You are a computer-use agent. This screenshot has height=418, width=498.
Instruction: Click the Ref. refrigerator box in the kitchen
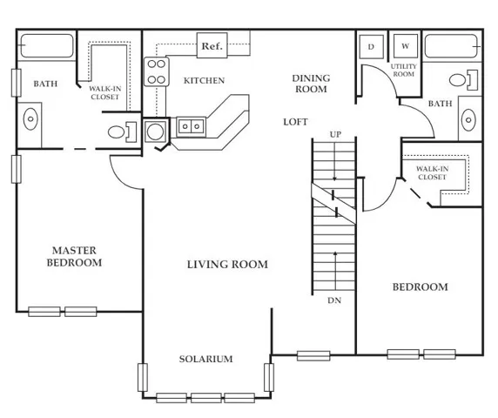[212, 45]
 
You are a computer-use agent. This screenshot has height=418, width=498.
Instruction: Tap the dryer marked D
[371, 47]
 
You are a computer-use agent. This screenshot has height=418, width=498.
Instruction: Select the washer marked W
[405, 46]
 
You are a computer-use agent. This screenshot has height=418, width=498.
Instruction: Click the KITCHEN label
[204, 81]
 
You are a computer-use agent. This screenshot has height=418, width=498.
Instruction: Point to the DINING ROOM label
[311, 84]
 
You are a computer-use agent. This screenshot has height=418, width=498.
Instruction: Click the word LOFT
[295, 122]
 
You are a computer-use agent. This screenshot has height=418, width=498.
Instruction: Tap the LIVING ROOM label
[227, 264]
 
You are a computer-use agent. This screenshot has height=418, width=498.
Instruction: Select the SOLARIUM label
[205, 359]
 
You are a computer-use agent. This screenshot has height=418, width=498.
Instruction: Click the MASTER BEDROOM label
[74, 256]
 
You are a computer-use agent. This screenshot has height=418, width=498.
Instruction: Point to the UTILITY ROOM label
[404, 71]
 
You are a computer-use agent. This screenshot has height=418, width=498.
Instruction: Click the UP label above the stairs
[335, 135]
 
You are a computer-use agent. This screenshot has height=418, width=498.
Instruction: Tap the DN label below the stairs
[334, 300]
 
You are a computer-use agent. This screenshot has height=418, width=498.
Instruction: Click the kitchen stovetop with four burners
[156, 71]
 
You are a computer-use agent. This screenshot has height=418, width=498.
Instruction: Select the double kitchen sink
[191, 127]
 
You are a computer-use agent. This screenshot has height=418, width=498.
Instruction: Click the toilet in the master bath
[122, 132]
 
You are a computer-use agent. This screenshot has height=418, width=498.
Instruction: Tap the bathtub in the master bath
[47, 46]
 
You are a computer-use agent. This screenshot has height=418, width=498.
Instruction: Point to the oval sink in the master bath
[30, 119]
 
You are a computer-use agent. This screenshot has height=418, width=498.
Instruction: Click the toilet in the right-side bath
[464, 80]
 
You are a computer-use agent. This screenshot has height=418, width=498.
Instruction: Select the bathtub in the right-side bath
[451, 46]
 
